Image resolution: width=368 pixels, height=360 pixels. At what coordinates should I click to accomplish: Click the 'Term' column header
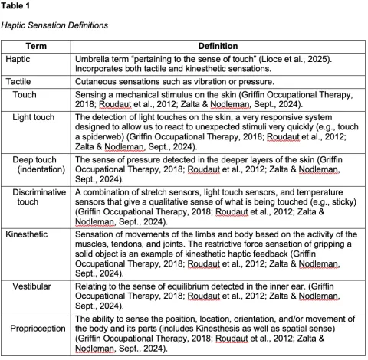[x=36, y=46]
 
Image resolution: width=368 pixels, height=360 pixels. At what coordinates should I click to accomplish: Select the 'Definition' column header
[x=217, y=46]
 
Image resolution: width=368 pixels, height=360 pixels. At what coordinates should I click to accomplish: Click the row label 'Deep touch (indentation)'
[x=39, y=165]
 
